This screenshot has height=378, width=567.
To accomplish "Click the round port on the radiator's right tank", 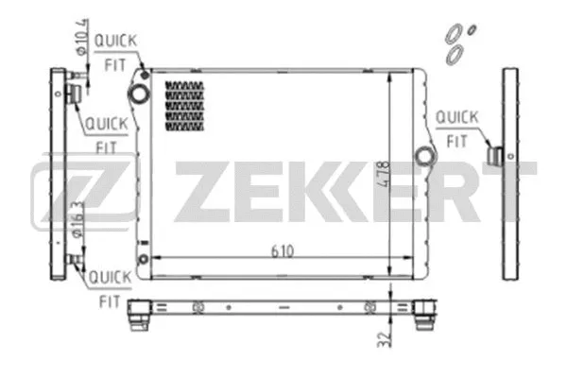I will point(424,153).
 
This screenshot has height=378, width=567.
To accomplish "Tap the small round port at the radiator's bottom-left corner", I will point(143,260).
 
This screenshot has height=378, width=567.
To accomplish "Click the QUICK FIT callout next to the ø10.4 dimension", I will point(119,49).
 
